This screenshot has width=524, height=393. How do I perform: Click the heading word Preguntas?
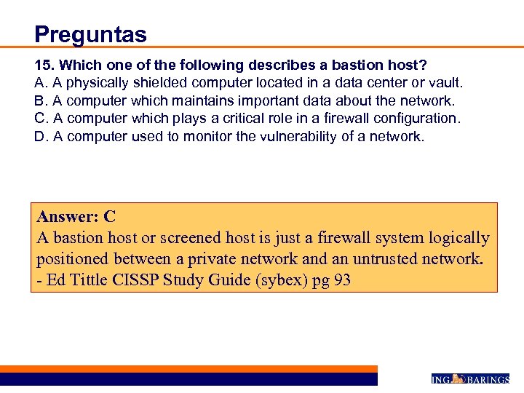(x=90, y=34)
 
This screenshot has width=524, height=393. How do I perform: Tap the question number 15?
(x=44, y=64)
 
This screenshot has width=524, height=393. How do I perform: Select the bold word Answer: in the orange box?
(x=68, y=216)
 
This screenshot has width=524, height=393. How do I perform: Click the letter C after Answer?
(x=110, y=216)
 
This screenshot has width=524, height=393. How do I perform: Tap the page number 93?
(x=341, y=279)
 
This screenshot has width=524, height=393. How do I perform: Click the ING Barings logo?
(x=469, y=378)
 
